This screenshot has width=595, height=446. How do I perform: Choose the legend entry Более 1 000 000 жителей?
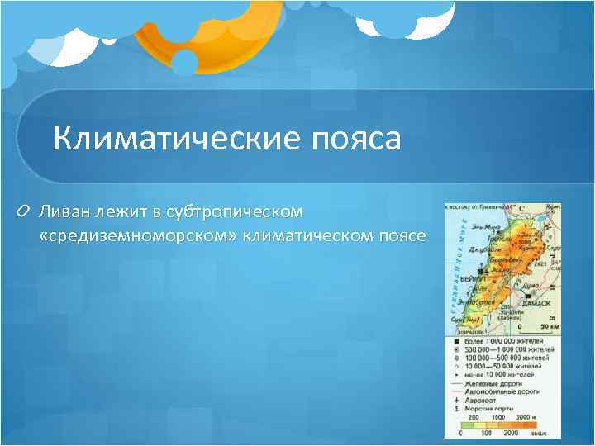tap(503, 340)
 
